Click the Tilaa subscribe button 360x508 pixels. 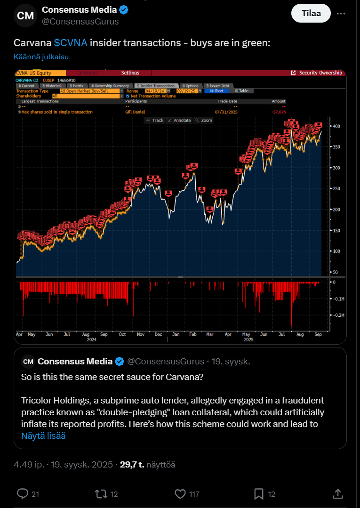tap(311, 13)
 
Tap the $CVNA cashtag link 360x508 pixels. tap(71, 43)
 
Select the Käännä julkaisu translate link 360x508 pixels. tap(41, 57)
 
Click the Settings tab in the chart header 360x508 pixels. tap(130, 73)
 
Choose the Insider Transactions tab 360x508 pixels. tap(155, 86)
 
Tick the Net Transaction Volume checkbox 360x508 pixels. tap(128, 96)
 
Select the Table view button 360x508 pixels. tap(244, 91)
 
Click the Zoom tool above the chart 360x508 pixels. tap(204, 121)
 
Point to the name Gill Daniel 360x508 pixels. tap(135, 112)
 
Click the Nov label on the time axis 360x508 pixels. tap(140, 334)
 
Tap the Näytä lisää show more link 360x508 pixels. tap(43, 435)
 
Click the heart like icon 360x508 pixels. tap(180, 493)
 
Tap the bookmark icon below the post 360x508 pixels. tap(258, 493)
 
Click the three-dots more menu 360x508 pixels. tap(341, 14)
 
